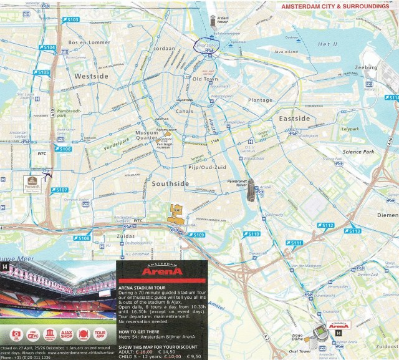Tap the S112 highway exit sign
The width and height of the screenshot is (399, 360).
pos(325,225)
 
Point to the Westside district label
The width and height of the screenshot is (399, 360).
pos(92,76)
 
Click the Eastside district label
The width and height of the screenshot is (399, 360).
pos(294,119)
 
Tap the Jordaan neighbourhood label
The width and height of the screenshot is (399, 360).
pos(164,48)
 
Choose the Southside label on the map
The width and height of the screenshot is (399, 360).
pos(170,184)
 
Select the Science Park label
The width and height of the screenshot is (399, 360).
pos(359,152)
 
